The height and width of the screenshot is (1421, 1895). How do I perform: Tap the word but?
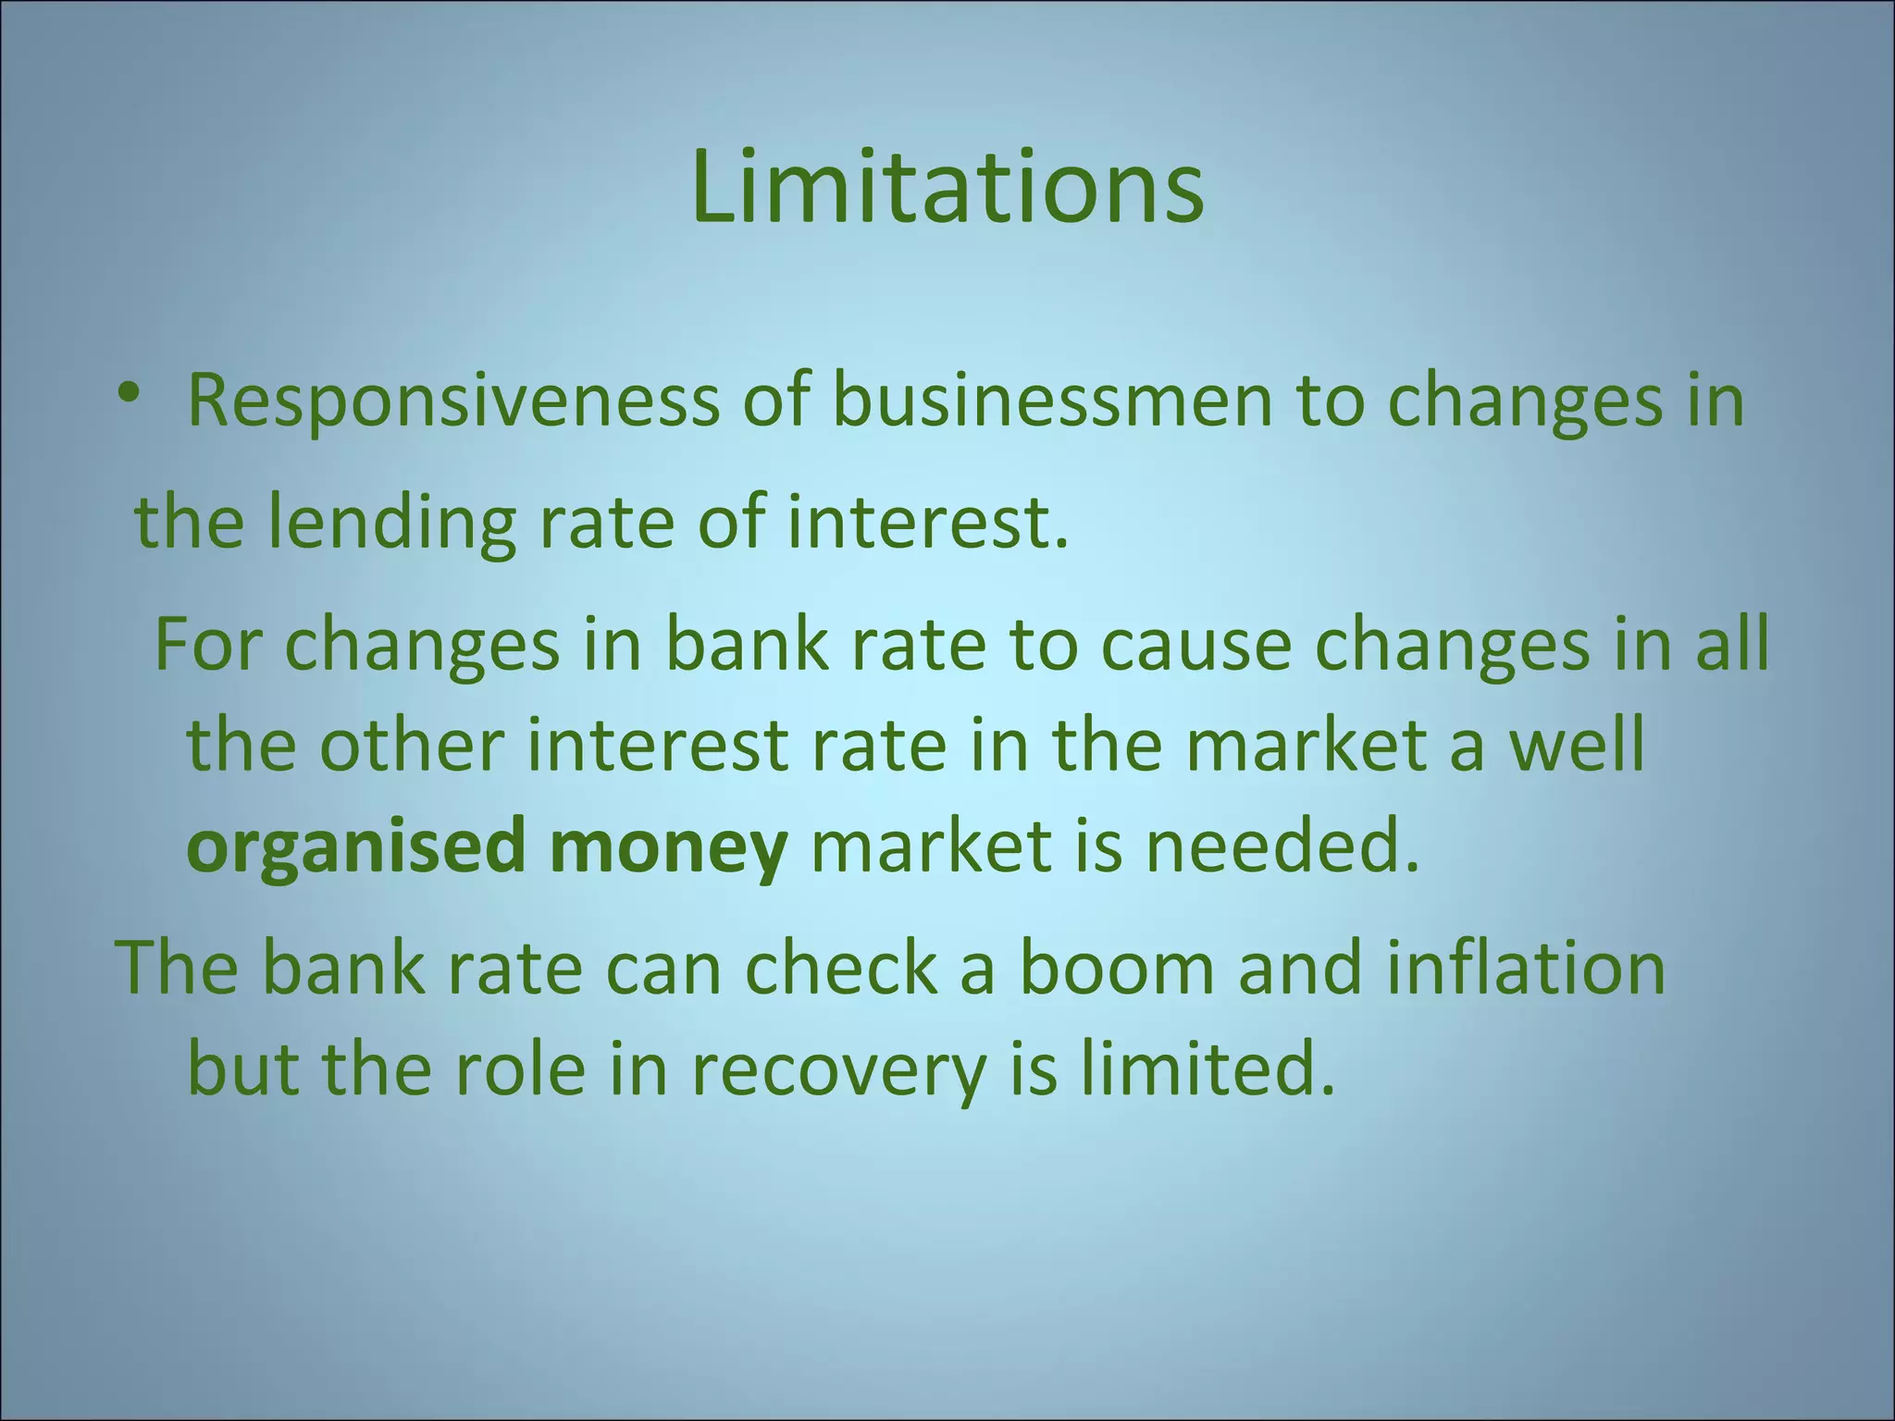tap(243, 1069)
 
